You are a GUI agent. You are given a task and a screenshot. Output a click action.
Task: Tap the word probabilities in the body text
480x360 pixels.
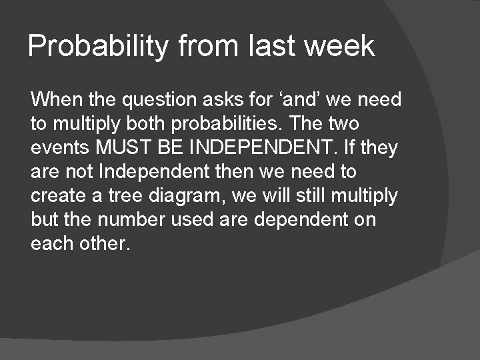point(244,125)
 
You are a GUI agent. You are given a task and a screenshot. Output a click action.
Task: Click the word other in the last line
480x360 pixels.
point(103,244)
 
